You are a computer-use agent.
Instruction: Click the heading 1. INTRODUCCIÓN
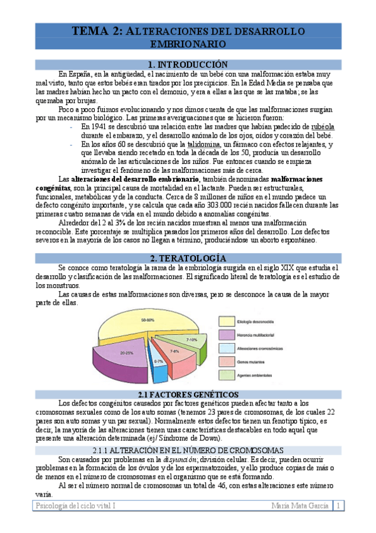[x=187, y=65]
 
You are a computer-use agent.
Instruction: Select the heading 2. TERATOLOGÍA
[x=187, y=258]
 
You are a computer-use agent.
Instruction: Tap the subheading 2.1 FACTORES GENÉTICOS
[x=187, y=393]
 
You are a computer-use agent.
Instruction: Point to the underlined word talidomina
[x=205, y=145]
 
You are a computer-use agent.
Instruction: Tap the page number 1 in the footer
[x=338, y=505]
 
